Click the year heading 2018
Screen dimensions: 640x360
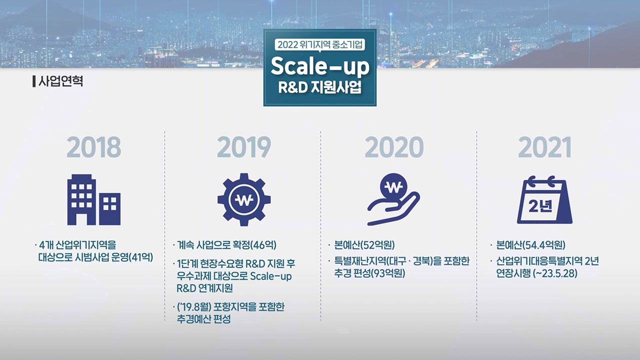93,147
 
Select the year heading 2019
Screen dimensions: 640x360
243,147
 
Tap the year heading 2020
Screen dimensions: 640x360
394,147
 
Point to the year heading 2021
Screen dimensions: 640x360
544,147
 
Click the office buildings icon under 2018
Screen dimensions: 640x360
93,199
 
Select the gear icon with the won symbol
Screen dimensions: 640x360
244,199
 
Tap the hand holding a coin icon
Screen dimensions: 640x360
393,199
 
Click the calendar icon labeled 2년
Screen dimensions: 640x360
544,199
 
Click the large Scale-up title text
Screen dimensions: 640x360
320,66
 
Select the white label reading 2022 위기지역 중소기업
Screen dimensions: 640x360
319,44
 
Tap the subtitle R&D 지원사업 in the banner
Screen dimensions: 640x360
319,87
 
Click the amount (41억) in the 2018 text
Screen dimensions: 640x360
141,257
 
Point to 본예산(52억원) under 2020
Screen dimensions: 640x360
364,245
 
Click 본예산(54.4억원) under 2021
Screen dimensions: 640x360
530,245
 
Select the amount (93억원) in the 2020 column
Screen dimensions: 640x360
387,273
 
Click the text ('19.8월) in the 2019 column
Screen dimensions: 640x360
194,307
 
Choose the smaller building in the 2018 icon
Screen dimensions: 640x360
109,209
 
